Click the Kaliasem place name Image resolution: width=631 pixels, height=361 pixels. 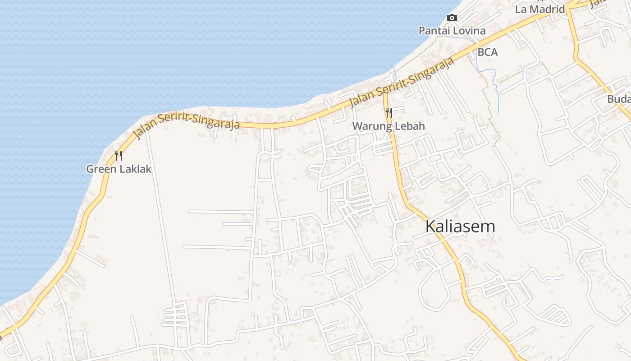pos(460,226)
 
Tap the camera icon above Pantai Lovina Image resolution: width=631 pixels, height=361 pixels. pos(452,18)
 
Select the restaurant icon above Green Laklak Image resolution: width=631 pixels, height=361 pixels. pos(119,156)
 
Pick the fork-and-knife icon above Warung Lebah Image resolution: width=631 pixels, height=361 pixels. pos(389,113)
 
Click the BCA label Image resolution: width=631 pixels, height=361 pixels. pos(488,52)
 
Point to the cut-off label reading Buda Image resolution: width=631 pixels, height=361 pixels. pos(618,99)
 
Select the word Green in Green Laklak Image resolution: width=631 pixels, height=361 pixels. pos(101,169)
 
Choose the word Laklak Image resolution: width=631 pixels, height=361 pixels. pos(135,169)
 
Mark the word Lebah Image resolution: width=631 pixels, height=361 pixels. pos(410,126)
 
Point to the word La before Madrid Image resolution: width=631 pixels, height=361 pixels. pos(521,9)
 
